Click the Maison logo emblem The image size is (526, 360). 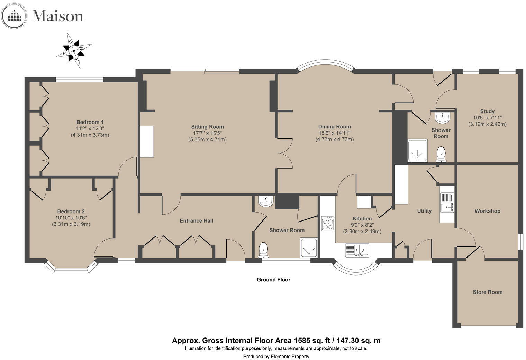14,16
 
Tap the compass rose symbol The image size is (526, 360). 74,51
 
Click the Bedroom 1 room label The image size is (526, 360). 90,122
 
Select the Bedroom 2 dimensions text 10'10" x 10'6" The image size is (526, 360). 71,218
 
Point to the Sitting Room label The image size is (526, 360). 207,127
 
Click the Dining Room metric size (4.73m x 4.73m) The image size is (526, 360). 334,139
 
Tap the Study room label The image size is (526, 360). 487,111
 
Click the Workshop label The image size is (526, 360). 487,211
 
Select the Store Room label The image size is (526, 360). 487,292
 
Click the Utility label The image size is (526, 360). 424,211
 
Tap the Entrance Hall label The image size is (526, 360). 196,221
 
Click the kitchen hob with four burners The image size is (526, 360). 328,223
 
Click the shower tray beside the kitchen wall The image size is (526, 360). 308,247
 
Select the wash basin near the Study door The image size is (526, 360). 442,118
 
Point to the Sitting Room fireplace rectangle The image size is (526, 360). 147,142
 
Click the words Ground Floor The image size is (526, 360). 273,280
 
